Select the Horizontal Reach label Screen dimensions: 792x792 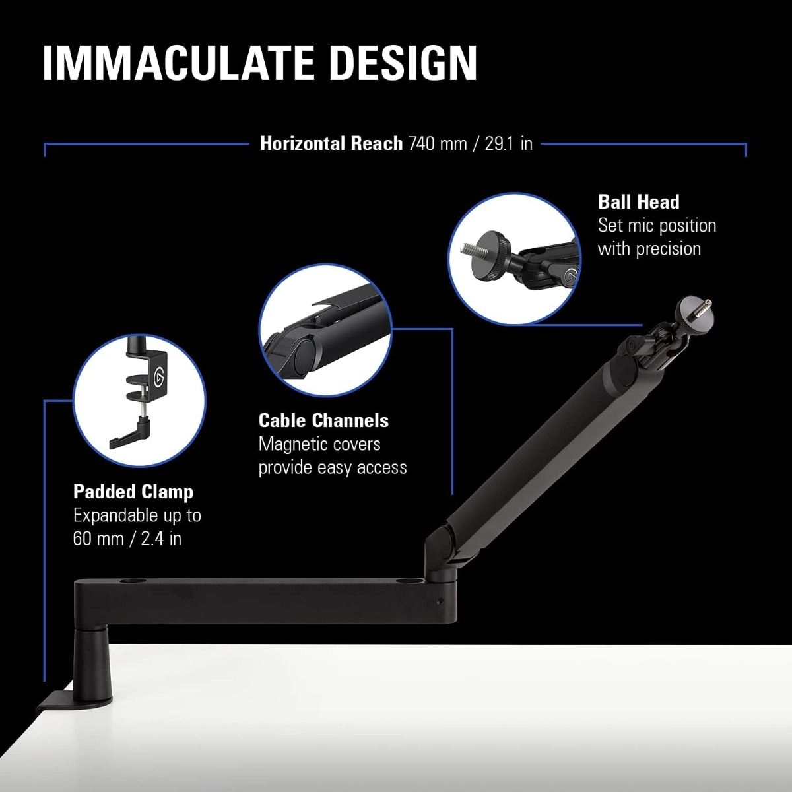coord(331,143)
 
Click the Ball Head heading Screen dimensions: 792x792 coord(638,202)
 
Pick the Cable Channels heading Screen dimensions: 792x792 coord(323,420)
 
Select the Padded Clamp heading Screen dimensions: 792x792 coord(133,492)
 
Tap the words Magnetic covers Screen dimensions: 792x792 coord(319,444)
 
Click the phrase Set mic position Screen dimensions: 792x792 coord(657,225)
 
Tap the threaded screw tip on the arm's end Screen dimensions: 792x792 coord(704,304)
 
